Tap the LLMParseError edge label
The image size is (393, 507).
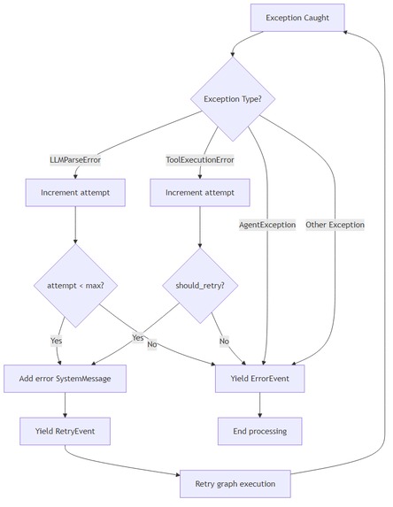coord(75,159)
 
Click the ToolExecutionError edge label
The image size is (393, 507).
coord(200,159)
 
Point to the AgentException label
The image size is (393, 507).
coord(266,225)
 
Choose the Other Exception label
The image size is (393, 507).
coord(335,225)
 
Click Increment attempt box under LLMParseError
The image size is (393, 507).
coord(75,192)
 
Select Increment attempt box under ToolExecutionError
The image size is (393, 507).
coord(199,192)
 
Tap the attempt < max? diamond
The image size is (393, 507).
coord(75,286)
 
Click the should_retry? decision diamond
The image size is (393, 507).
coord(199,286)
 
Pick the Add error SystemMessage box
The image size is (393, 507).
coord(65,379)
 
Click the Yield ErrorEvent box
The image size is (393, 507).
coord(259,379)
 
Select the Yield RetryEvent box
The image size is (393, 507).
coord(65,431)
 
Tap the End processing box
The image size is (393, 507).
coord(259,431)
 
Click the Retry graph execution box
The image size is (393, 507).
coord(235,484)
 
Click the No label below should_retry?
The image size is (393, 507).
coord(223,341)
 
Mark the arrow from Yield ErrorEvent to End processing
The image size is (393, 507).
coord(259,404)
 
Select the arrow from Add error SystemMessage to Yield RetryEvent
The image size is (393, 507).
coord(65,404)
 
